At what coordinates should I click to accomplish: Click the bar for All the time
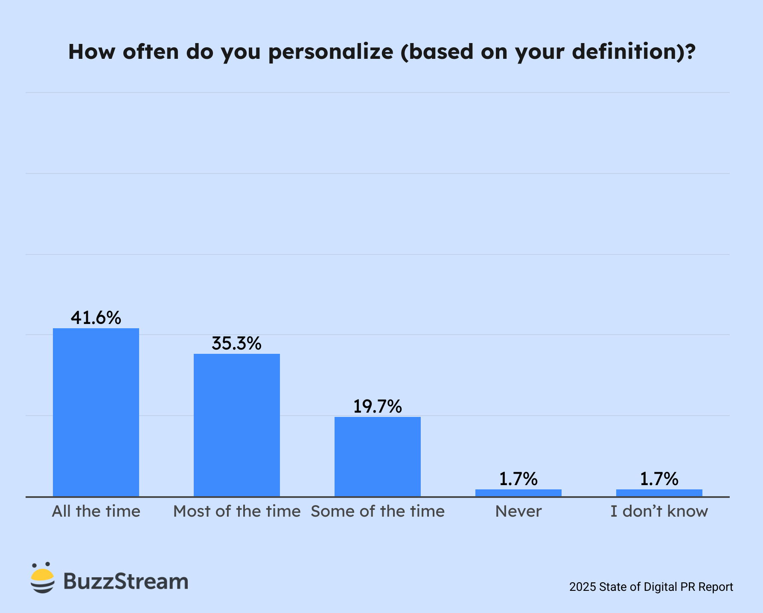click(96, 412)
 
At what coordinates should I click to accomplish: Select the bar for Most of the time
click(237, 425)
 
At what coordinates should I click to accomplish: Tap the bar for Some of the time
click(378, 457)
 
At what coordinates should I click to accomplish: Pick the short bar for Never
click(518, 493)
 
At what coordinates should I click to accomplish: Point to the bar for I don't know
click(659, 493)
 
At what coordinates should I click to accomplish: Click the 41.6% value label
click(96, 318)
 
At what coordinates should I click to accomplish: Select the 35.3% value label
click(237, 344)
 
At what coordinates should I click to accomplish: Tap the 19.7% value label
click(378, 407)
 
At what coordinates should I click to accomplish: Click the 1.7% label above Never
click(518, 479)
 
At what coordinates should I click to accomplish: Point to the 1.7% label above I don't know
click(659, 479)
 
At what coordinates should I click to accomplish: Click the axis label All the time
click(96, 511)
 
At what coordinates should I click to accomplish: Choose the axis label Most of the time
click(237, 511)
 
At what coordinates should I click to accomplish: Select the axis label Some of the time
click(378, 511)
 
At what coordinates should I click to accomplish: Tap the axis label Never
click(518, 511)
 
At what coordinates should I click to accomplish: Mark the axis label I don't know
click(659, 511)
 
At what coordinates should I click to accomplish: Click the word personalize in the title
click(331, 52)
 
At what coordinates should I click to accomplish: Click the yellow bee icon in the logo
click(43, 578)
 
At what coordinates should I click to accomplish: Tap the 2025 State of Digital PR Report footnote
click(651, 587)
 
